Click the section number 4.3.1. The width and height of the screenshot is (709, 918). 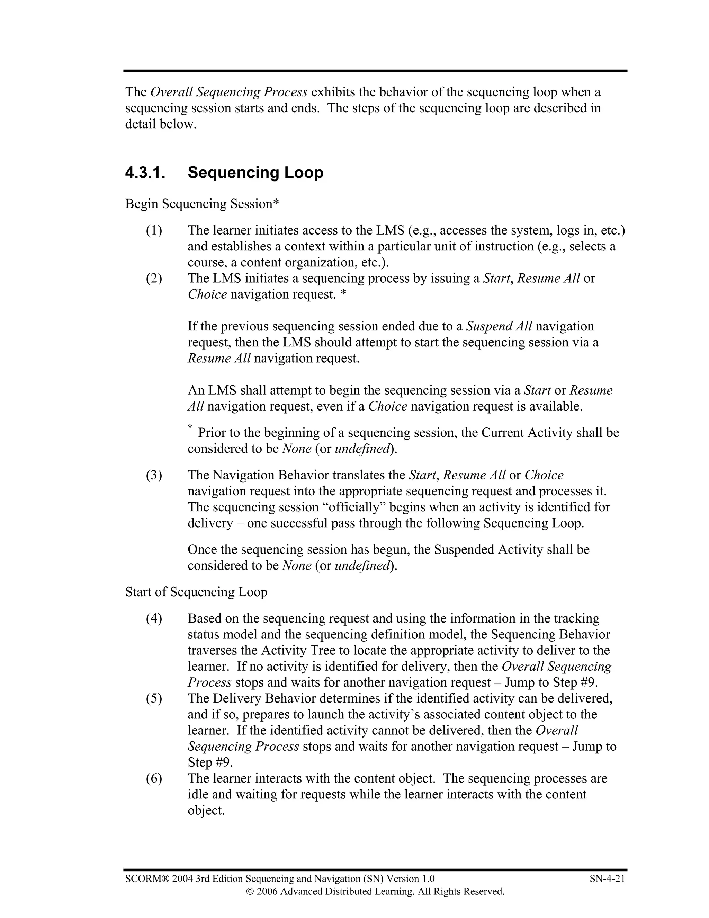coord(145,173)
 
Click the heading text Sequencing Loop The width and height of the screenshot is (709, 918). coord(255,173)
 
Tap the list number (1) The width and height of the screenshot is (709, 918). coord(154,230)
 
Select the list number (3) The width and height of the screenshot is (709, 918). coord(154,475)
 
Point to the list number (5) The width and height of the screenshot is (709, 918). coord(154,699)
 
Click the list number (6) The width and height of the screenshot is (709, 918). coord(154,778)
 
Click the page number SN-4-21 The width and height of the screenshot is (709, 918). coord(607,879)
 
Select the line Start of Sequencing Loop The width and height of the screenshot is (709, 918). coord(196,592)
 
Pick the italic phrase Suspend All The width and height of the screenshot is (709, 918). coord(499,327)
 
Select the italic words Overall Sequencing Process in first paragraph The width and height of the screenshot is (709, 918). coord(229,92)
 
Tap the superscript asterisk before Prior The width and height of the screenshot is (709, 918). coord(190,427)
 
